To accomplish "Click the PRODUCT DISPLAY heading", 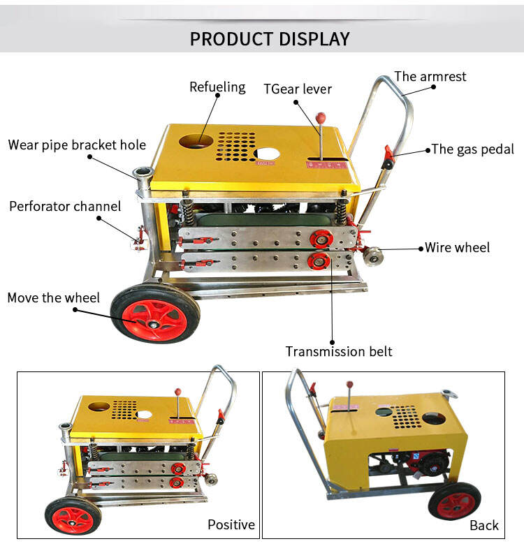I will click(x=269, y=38).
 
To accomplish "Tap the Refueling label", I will click(x=217, y=87).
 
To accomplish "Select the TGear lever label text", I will click(x=297, y=89).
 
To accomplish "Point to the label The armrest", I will click(x=430, y=76).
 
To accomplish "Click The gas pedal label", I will click(x=472, y=149).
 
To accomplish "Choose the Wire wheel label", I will click(x=457, y=247).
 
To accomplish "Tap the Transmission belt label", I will click(x=339, y=351).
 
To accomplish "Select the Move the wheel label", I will click(x=54, y=298).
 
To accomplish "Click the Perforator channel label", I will click(x=65, y=207).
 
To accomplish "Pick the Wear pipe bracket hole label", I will click(x=77, y=145).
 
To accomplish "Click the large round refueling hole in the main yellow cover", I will click(x=198, y=142).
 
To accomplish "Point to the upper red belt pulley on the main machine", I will click(x=322, y=238).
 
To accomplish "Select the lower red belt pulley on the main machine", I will click(x=318, y=261).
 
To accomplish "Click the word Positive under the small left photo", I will click(x=231, y=524).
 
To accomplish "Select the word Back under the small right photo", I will click(x=483, y=525).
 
